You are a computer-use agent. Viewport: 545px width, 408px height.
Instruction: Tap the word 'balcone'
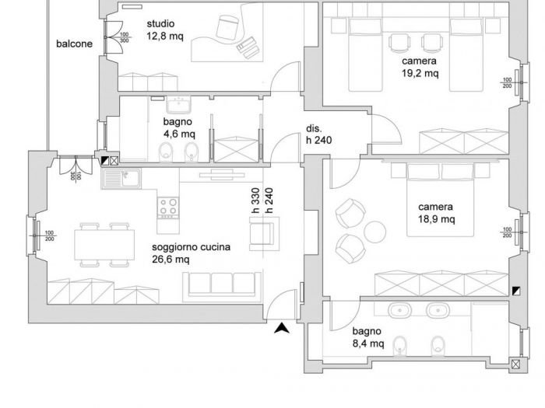[74, 44]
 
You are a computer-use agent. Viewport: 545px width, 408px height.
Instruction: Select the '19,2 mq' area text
[420, 74]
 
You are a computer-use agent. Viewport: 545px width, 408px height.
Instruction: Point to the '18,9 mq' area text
[435, 220]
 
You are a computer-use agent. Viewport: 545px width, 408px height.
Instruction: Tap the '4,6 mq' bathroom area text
[179, 134]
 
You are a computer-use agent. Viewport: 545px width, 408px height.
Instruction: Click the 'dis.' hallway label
[313, 128]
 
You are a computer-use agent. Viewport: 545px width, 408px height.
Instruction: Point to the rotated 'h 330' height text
[255, 201]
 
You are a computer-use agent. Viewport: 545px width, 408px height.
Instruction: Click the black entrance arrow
[282, 329]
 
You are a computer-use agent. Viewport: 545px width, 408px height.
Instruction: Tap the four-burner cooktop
[167, 206]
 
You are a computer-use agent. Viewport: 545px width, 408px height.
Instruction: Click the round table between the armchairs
[375, 231]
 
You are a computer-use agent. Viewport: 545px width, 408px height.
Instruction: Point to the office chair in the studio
[228, 28]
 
